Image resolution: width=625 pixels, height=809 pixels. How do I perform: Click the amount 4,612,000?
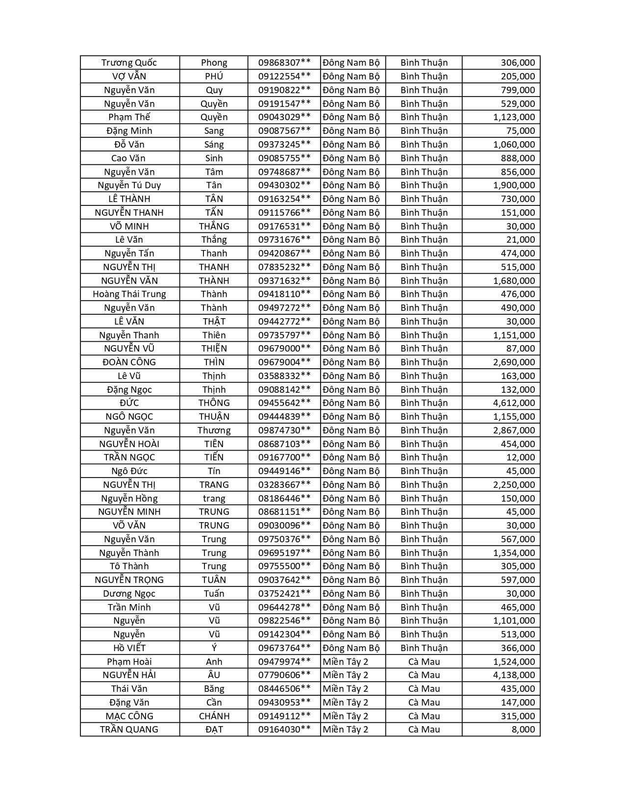point(514,403)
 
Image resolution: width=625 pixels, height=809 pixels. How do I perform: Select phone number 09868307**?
point(284,63)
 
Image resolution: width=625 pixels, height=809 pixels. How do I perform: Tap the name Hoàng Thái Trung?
point(129,294)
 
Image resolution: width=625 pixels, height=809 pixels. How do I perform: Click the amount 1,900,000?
point(514,185)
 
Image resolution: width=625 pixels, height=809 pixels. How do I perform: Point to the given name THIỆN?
point(214,349)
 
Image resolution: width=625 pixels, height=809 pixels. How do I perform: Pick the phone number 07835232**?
point(284,267)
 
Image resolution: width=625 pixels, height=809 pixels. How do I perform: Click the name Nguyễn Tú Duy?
point(129,185)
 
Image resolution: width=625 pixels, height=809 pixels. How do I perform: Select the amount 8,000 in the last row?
point(523,730)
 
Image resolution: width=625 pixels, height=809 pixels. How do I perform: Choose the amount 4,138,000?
point(514,675)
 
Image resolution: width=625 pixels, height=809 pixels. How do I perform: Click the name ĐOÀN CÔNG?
point(129,362)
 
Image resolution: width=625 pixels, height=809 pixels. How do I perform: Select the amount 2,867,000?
point(514,430)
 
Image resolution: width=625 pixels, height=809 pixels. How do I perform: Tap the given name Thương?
point(214,430)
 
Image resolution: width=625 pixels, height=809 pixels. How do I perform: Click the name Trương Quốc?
point(129,63)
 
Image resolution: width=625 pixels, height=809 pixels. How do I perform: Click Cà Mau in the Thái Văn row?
point(424,689)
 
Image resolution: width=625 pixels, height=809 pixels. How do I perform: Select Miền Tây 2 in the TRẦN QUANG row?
point(346,730)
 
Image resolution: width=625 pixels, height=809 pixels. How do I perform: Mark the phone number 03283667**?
point(284,485)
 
